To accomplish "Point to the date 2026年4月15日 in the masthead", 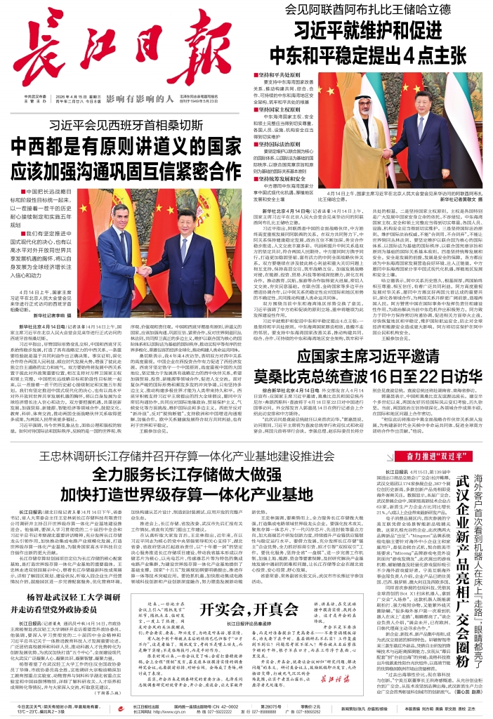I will click(x=67, y=95).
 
